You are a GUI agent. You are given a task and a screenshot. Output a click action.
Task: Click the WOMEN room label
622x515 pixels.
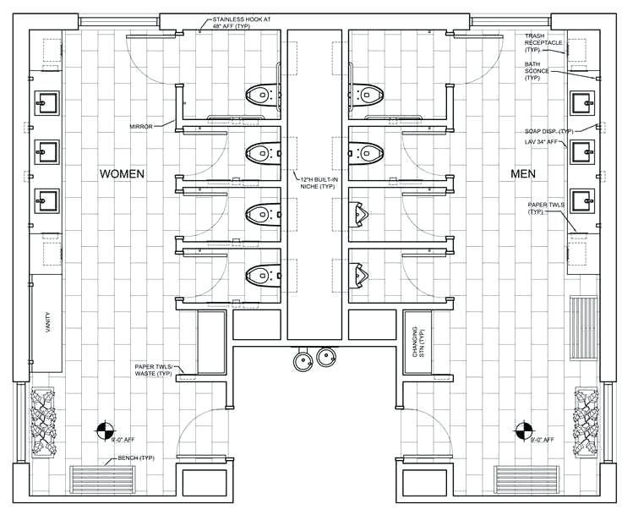tap(123, 173)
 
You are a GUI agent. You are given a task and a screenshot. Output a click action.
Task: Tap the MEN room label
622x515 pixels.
tap(528, 173)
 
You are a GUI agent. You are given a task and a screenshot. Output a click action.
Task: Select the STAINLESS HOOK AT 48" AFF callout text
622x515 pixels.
tap(246, 23)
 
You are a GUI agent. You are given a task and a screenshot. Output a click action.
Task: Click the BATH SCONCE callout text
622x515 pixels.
tap(537, 71)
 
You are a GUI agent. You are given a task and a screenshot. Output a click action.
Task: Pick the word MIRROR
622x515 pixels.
tap(141, 126)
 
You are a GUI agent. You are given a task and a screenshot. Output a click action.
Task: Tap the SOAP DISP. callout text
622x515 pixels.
tap(548, 131)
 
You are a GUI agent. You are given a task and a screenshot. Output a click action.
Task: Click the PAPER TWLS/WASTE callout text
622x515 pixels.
tap(154, 370)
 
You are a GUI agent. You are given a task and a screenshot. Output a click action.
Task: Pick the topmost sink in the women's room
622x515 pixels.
tap(46, 104)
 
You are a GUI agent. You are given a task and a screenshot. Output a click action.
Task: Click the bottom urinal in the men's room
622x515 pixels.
tap(360, 273)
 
